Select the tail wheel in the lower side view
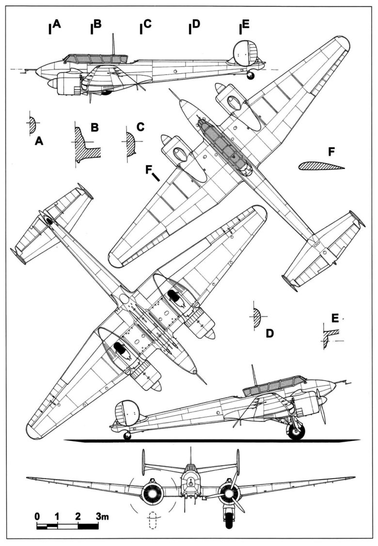(127, 436)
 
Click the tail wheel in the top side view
(250, 76)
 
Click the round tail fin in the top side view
(244, 52)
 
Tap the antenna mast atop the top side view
(113, 44)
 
